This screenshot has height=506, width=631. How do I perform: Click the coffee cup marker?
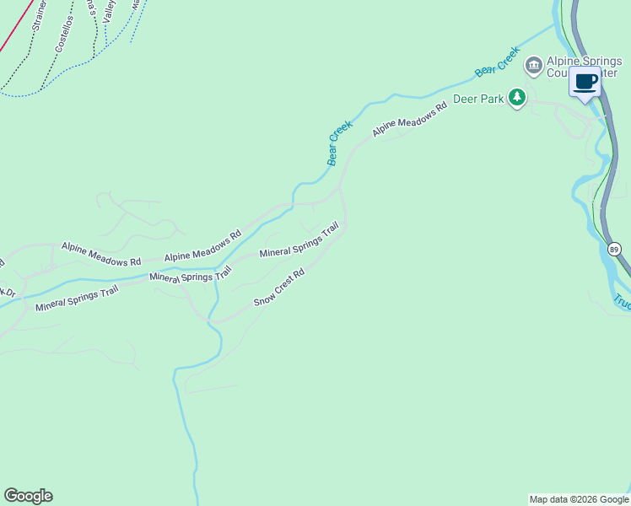[585, 83]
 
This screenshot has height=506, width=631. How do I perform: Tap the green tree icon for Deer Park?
[517, 99]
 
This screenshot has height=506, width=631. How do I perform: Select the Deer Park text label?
[478, 100]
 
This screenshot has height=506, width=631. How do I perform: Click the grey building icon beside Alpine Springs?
[533, 65]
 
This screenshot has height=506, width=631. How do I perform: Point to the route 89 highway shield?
[614, 249]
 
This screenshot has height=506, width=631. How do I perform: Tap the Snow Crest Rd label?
[278, 288]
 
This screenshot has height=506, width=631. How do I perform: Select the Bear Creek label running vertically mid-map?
[338, 143]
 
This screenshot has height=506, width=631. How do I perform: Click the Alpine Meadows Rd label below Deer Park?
[409, 121]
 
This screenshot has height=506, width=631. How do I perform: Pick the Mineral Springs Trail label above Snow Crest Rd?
[299, 240]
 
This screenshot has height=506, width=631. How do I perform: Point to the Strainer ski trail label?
[38, 15]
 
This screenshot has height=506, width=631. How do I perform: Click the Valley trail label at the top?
[109, 10]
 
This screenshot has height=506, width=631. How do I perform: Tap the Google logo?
[28, 496]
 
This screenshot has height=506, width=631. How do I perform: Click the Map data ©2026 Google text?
[579, 499]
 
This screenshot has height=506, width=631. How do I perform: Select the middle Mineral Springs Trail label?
[190, 275]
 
